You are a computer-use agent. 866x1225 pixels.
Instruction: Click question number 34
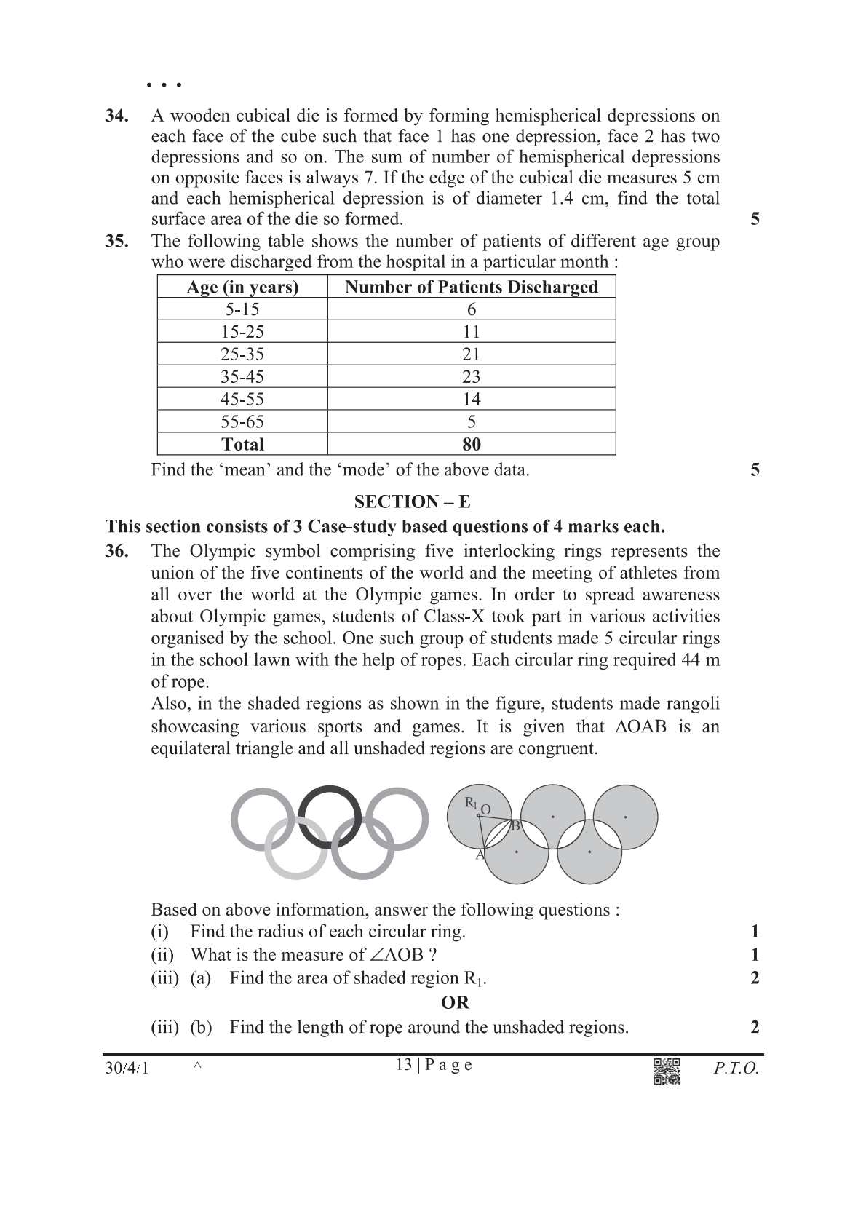(117, 116)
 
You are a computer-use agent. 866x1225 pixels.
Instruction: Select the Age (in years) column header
(242, 287)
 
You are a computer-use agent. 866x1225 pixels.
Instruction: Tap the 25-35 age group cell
(242, 354)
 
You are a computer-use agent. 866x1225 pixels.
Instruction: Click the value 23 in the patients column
(472, 377)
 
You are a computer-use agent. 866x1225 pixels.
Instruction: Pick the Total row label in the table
(242, 444)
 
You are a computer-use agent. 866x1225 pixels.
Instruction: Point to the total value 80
(472, 444)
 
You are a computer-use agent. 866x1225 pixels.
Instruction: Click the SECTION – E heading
(412, 502)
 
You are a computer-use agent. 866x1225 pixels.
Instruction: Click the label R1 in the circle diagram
(471, 803)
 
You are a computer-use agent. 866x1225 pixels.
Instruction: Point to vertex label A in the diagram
(480, 855)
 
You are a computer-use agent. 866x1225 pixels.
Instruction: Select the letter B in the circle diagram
(515, 825)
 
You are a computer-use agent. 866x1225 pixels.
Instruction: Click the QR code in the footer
(667, 1071)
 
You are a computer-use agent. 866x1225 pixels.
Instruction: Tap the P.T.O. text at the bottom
(736, 1069)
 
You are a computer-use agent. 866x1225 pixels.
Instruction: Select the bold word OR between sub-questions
(455, 1003)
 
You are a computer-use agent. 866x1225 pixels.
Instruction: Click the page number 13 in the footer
(403, 1064)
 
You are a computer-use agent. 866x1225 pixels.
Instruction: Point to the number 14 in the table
(472, 400)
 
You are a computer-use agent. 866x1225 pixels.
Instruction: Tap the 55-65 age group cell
(242, 422)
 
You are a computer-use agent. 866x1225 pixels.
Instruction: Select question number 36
(117, 551)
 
